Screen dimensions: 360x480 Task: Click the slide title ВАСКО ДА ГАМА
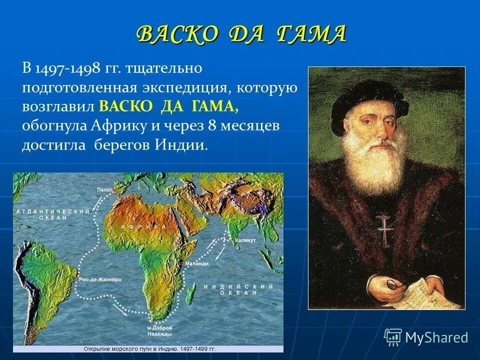tap(240, 34)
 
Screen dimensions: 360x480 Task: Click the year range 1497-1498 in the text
tap(70, 68)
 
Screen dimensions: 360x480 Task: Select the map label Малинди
tap(196, 263)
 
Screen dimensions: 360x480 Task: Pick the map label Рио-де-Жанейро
tap(100, 280)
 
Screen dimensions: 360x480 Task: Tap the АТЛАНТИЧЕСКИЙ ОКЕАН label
tap(52, 215)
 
